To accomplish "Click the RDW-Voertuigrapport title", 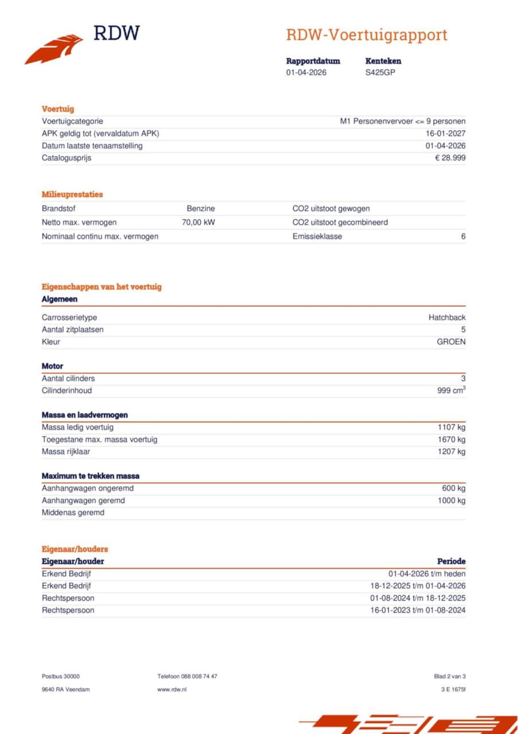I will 366,35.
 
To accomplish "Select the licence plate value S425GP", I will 380,73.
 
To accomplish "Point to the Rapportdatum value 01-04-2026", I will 306,73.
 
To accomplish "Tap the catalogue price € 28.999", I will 450,158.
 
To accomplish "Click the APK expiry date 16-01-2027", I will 445,133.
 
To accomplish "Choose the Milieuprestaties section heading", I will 72,194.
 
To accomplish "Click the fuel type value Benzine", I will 201,209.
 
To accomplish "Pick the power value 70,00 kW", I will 198,222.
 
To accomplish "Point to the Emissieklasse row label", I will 317,237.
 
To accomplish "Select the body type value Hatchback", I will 447,318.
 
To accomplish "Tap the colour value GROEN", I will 451,342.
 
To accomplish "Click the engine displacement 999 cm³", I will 451,390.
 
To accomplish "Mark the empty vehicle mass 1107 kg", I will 451,427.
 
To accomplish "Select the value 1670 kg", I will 451,440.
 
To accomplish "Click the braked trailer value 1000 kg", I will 451,501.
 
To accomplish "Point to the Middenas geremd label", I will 73,513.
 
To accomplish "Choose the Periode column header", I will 451,561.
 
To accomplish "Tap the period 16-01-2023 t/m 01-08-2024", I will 418,610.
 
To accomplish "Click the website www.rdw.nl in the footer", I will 172,689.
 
